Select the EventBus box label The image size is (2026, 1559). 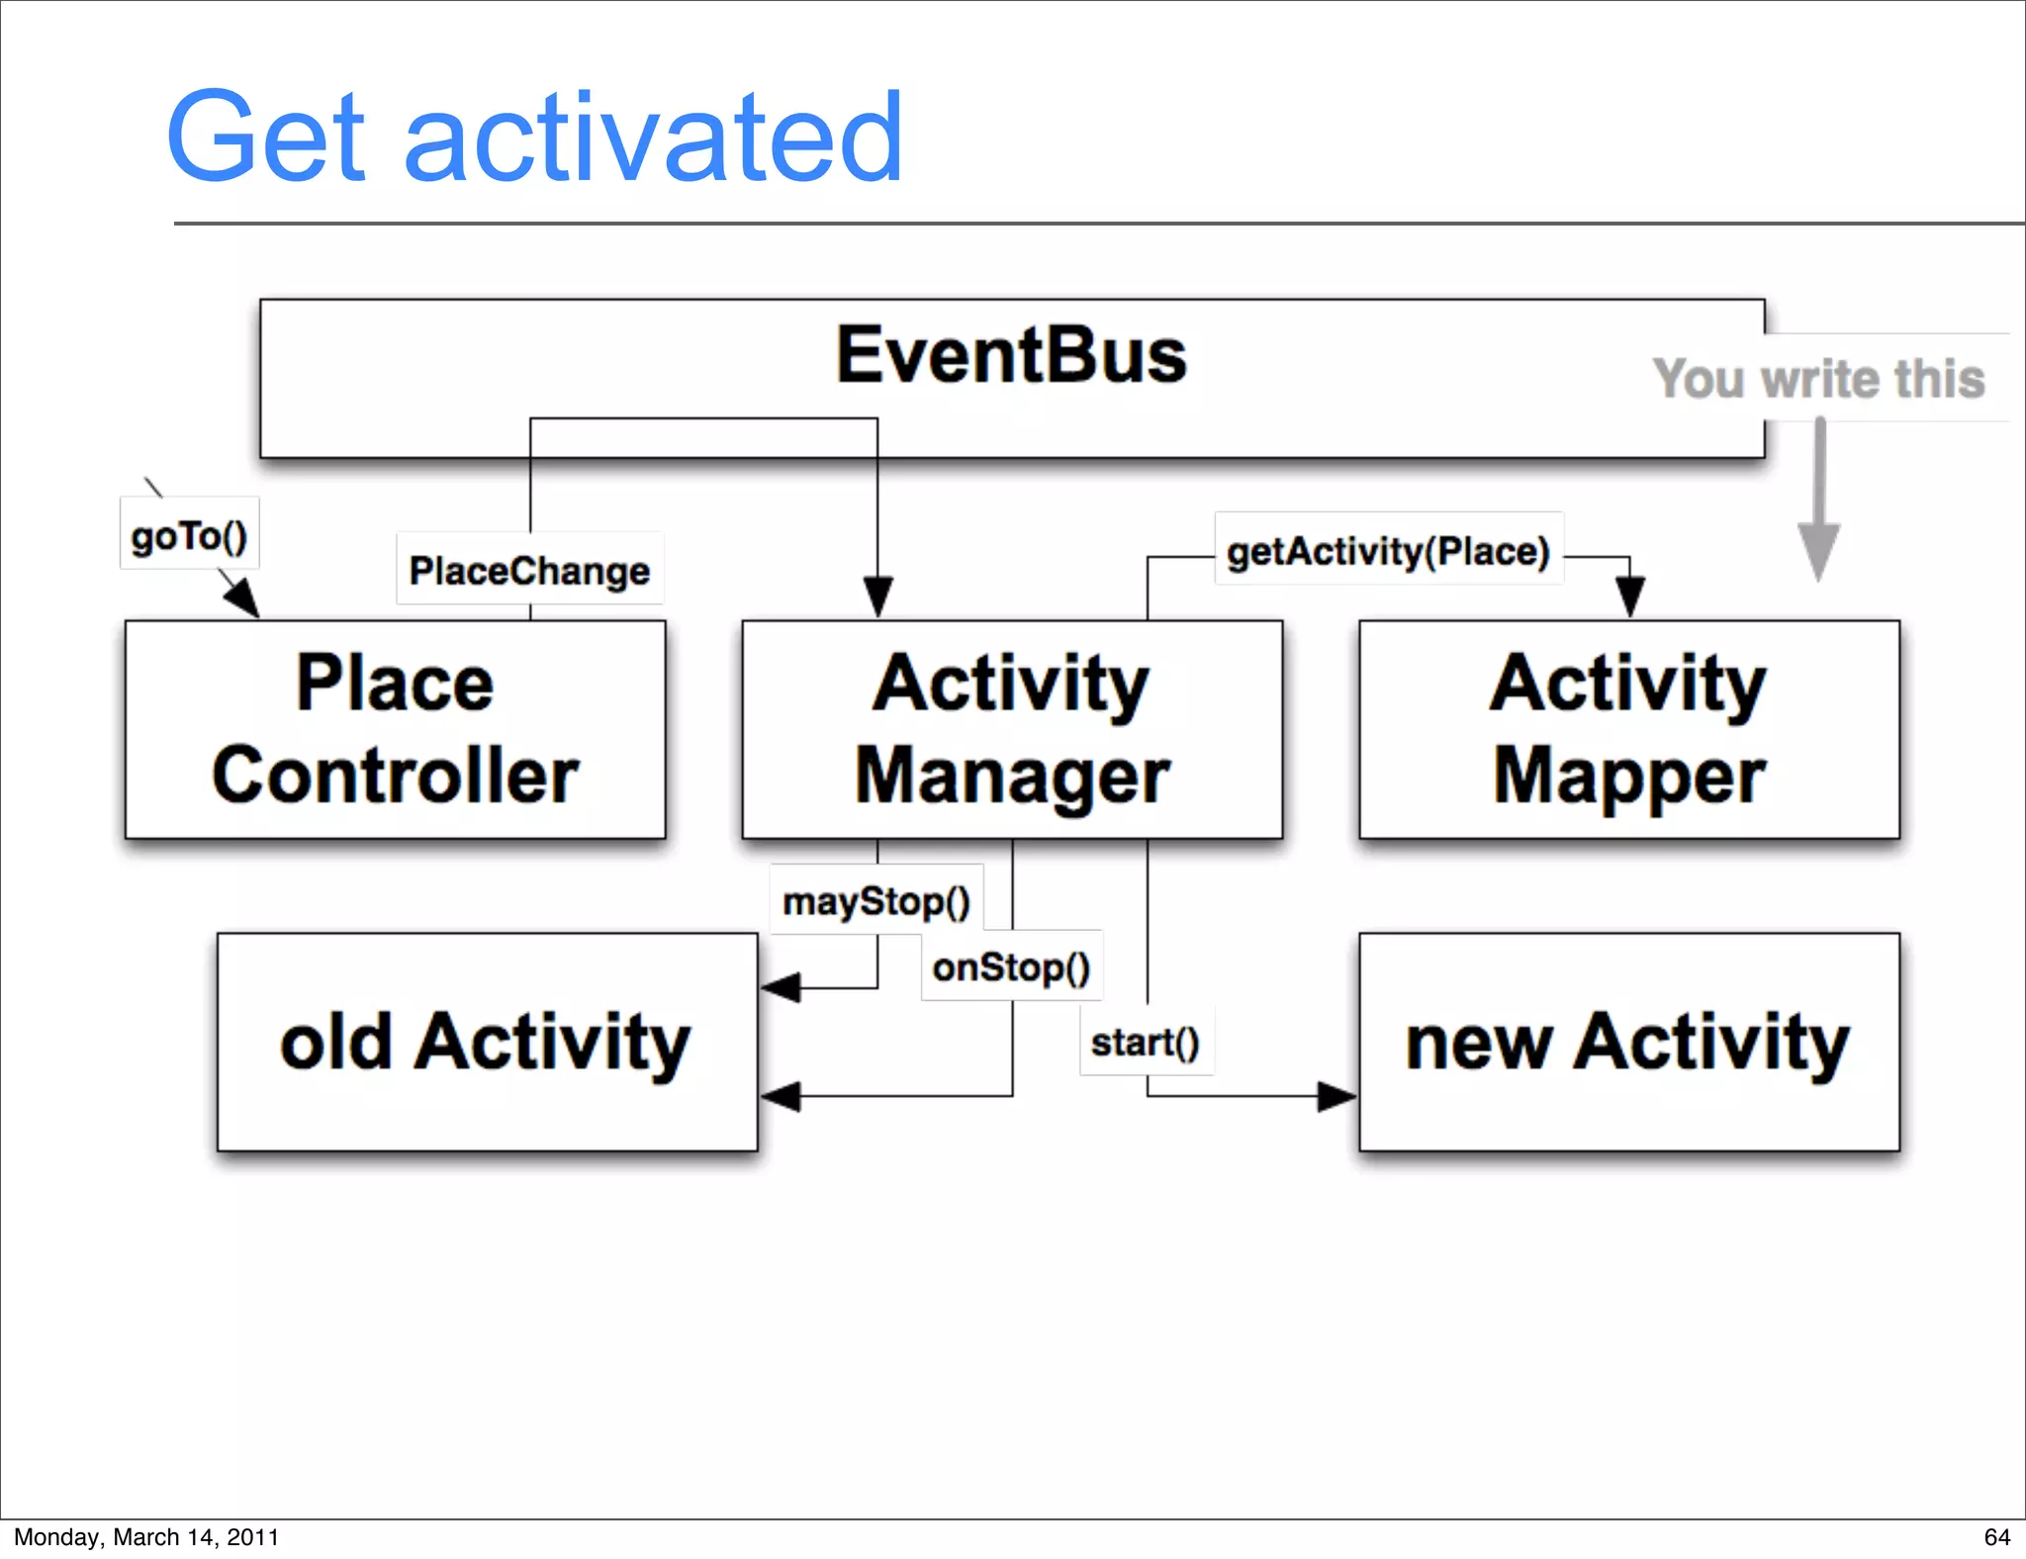(x=1011, y=356)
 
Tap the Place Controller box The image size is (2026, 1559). (x=395, y=729)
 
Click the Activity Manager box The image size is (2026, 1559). (x=1011, y=729)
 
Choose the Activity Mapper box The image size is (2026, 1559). (x=1628, y=729)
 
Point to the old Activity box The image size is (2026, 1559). (x=487, y=1042)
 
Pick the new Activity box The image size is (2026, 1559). (x=1628, y=1042)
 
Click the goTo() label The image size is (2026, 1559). (x=189, y=535)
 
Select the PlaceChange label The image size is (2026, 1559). (x=529, y=570)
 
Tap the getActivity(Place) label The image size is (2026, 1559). (x=1388, y=550)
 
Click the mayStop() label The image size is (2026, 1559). (x=876, y=901)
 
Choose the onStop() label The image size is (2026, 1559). (x=1011, y=966)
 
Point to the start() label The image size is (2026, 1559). (x=1146, y=1042)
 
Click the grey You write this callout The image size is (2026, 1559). (x=1818, y=379)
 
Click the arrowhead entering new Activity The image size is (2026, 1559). (x=1337, y=1096)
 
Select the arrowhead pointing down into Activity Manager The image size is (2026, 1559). (x=877, y=596)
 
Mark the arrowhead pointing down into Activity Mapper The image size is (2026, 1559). (x=1629, y=596)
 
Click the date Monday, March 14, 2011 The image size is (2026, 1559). (x=146, y=1536)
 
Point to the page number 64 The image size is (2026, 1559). (x=1996, y=1536)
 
